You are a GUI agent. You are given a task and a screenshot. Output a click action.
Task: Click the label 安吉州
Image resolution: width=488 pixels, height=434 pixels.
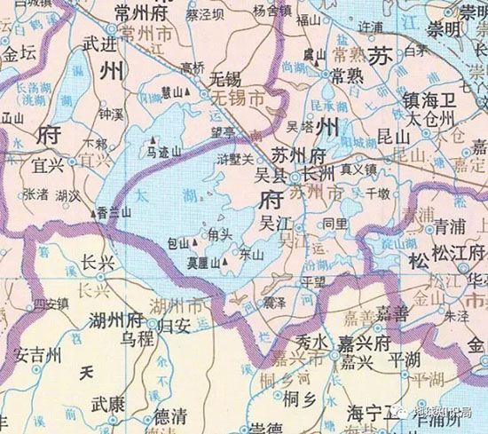(x=39, y=355)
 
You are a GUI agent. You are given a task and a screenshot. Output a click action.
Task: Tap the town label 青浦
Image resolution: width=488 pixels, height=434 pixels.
(x=451, y=227)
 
